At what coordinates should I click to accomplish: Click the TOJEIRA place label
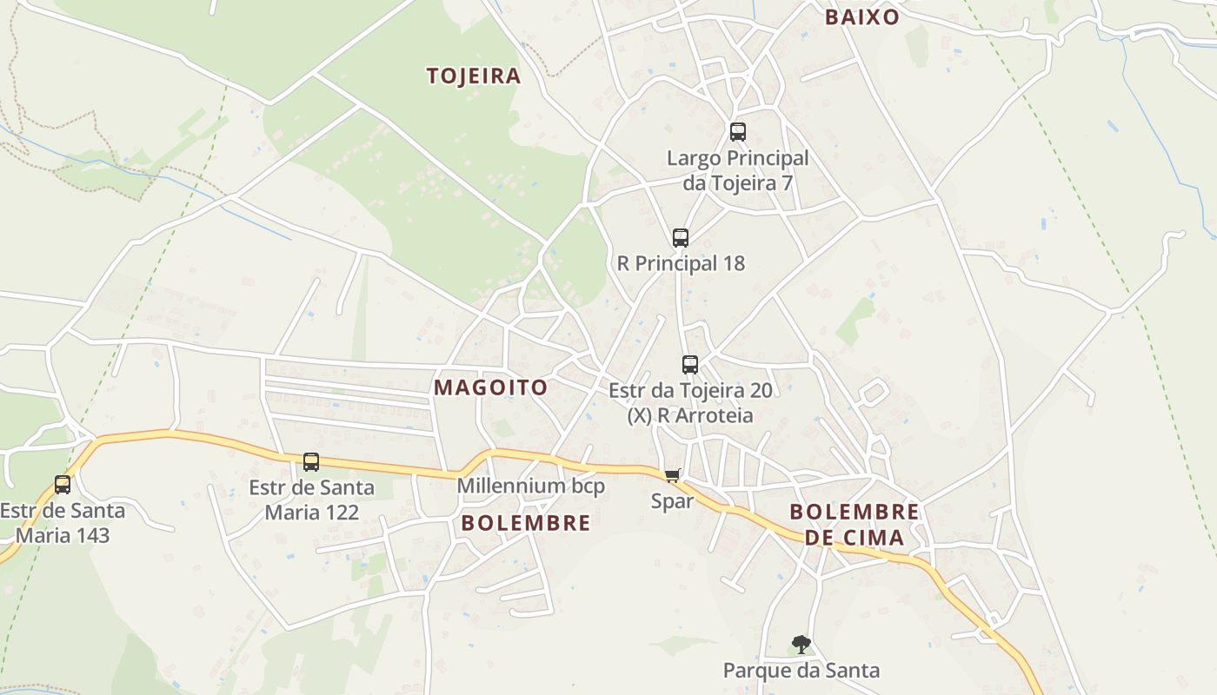[474, 76]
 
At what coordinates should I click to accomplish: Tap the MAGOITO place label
[491, 387]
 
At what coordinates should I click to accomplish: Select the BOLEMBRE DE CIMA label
[855, 525]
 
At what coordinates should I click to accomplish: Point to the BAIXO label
[861, 17]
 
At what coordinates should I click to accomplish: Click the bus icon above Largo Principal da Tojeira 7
[738, 132]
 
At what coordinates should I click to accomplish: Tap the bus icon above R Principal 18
[681, 238]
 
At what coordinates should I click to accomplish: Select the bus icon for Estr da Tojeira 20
[690, 365]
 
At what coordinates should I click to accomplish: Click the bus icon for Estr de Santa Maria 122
[311, 462]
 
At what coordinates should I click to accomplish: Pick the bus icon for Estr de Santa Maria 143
[63, 485]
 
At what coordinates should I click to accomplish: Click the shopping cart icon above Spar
[672, 475]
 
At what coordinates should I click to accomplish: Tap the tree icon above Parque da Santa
[801, 645]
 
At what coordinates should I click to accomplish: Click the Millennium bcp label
[531, 486]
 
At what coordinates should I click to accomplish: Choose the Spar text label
[673, 501]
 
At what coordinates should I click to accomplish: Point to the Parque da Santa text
[801, 671]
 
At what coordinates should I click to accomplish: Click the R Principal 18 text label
[681, 263]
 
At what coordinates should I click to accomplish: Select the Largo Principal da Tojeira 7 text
[738, 170]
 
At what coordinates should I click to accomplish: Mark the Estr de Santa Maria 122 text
[311, 500]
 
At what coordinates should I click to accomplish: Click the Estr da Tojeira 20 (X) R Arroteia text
[690, 403]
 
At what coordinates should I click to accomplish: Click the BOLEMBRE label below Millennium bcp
[526, 523]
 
